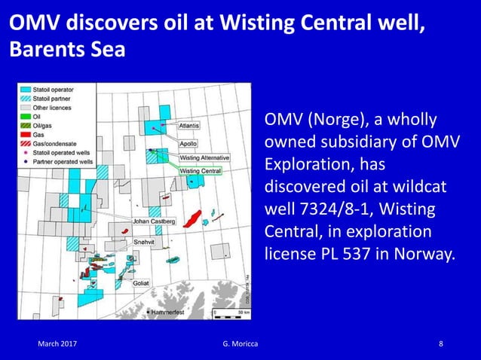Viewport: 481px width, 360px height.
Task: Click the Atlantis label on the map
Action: coord(188,127)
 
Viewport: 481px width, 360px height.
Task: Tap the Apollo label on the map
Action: coord(188,143)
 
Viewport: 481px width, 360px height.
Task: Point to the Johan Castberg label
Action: coord(154,221)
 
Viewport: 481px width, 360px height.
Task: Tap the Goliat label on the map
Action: coord(141,283)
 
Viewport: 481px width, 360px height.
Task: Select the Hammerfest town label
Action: coord(168,310)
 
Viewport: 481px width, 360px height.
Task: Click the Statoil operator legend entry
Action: coord(52,89)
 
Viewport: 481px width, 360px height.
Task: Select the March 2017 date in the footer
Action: coord(58,345)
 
